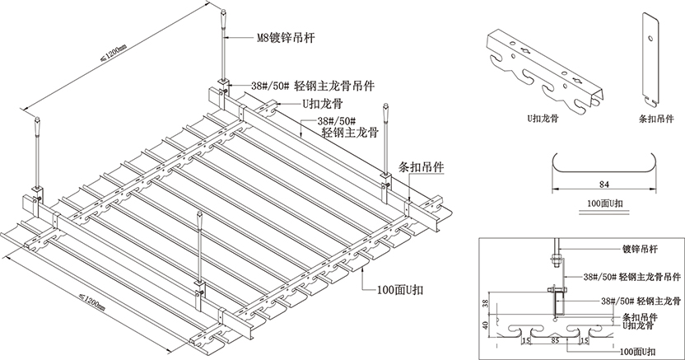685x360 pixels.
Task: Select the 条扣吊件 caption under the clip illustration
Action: (x=655, y=117)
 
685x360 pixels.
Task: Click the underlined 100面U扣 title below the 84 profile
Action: (x=603, y=202)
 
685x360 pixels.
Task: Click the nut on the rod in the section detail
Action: (x=556, y=264)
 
